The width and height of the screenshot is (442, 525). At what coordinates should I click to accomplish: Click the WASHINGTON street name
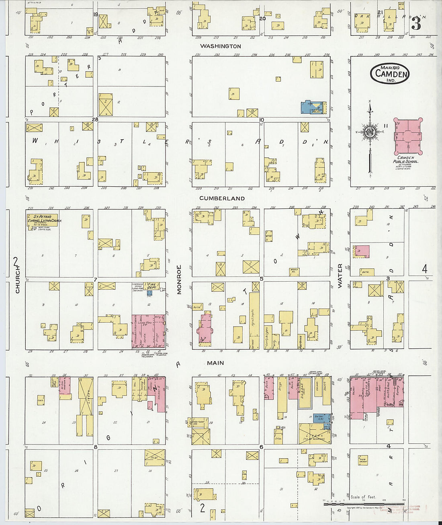(x=220, y=46)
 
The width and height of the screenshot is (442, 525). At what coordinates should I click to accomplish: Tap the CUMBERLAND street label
(x=222, y=198)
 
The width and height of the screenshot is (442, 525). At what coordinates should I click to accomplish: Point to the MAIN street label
(x=215, y=363)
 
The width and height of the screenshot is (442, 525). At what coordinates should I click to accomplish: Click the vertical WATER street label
(x=340, y=276)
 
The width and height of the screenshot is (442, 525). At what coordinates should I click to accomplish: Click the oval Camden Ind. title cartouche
(x=389, y=74)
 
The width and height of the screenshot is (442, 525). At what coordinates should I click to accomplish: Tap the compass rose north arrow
(x=370, y=133)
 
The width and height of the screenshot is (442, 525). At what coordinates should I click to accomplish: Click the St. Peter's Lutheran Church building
(x=42, y=220)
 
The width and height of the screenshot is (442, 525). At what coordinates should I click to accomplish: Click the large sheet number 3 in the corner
(x=416, y=23)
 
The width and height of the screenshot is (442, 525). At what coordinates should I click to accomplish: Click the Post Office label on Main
(x=301, y=341)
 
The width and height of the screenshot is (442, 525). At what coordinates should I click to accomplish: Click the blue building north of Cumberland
(x=313, y=107)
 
